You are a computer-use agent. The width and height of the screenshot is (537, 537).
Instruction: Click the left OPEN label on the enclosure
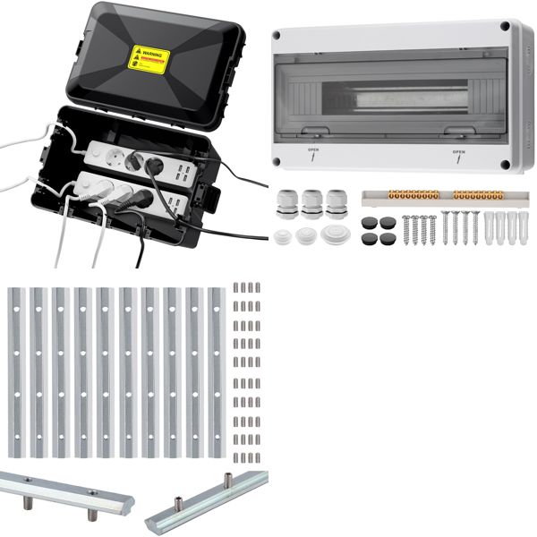(312, 151)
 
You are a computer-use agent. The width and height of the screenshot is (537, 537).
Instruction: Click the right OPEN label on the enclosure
(458, 152)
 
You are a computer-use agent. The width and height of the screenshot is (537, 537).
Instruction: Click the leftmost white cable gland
(288, 200)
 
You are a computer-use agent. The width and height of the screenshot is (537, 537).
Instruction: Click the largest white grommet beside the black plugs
(335, 234)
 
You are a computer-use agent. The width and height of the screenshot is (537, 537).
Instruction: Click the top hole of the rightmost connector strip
(216, 308)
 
